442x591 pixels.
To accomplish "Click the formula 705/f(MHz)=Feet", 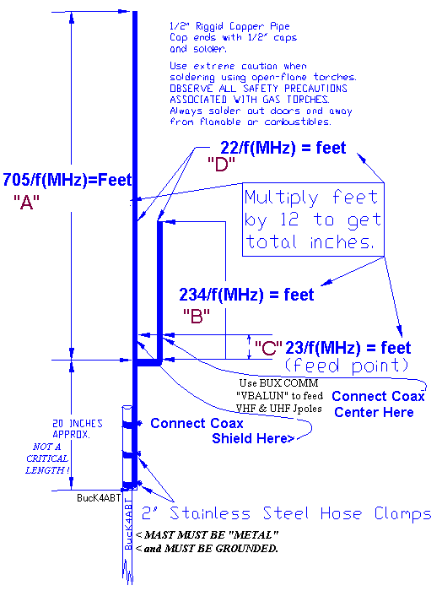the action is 67,180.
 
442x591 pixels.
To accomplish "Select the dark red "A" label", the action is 26,203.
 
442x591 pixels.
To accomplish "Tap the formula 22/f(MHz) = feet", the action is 283,148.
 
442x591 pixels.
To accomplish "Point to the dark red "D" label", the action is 221,165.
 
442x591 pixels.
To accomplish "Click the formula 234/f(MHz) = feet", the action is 246,295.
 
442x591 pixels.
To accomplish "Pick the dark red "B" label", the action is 197,316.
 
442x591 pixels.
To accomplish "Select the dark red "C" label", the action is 268,348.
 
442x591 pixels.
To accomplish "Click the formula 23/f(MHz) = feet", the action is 348,348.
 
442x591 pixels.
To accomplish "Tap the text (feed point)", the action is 347,366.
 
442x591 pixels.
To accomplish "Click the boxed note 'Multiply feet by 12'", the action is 313,220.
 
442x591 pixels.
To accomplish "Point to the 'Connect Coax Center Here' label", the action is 378,404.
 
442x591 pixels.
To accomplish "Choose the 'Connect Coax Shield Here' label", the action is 222,431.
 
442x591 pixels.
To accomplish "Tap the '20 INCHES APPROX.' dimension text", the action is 77,429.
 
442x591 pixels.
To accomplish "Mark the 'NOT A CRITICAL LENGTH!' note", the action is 47,458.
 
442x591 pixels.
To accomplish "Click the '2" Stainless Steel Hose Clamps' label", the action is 286,513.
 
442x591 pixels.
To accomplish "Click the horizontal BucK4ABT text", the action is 99,498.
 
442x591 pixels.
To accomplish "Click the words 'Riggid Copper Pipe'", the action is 242,26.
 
